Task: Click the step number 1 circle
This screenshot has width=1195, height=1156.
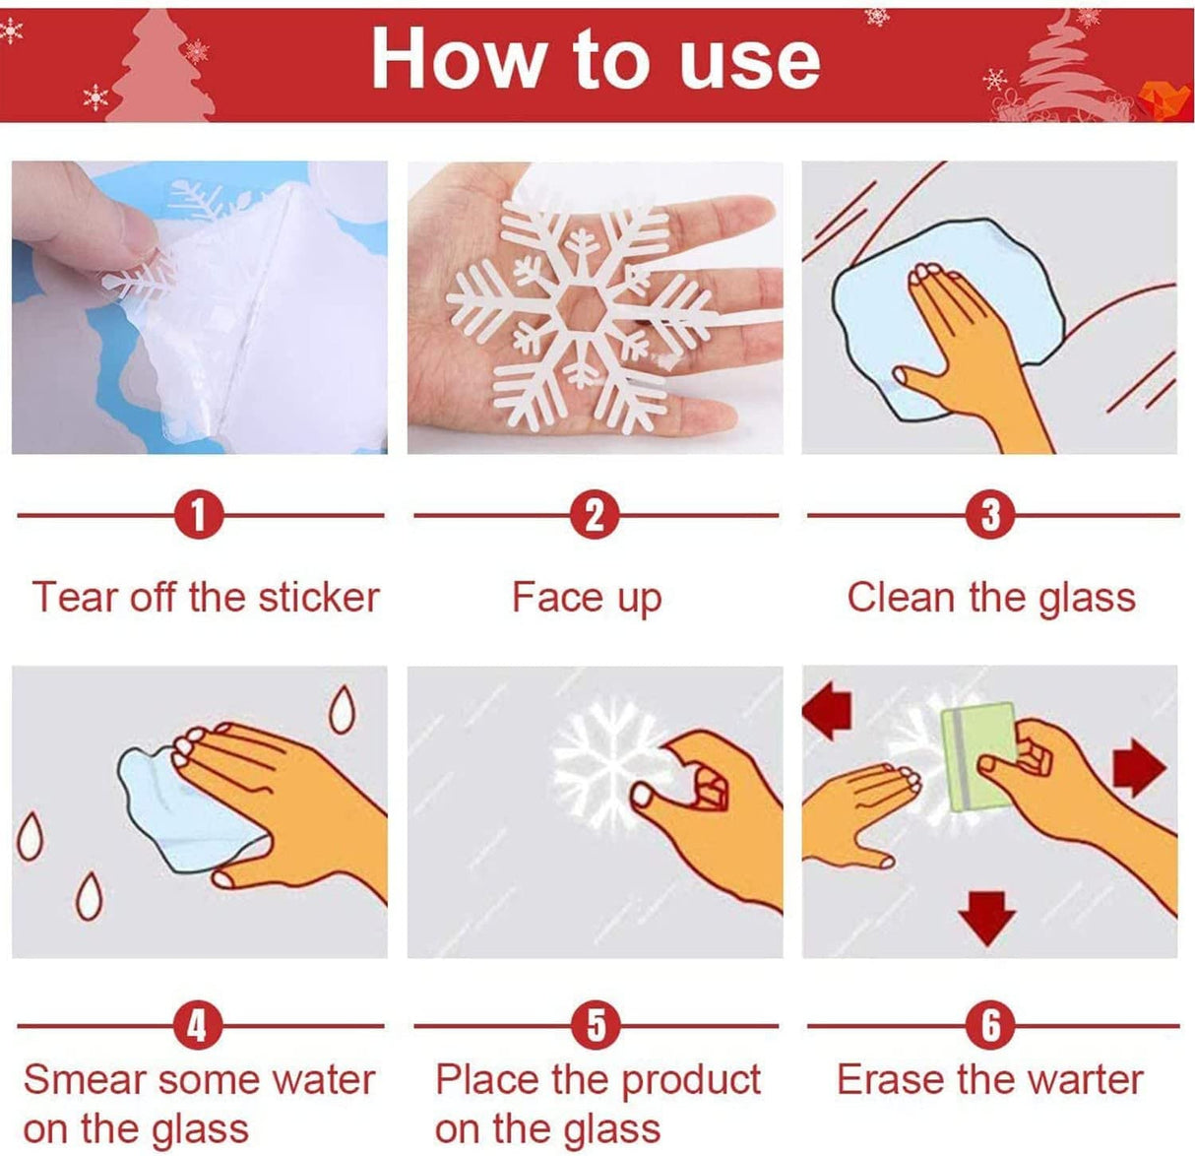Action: pos(199,515)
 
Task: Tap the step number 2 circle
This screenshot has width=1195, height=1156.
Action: pos(595,515)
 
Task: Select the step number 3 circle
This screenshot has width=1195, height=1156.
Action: pos(990,515)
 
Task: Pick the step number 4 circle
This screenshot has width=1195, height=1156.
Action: pos(199,1026)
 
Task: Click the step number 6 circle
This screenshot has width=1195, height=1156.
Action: pos(991,1026)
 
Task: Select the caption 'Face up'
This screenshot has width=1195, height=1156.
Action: pos(587,598)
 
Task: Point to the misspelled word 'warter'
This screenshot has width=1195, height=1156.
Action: pos(1081,1080)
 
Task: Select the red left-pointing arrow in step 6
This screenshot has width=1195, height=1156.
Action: pos(827,712)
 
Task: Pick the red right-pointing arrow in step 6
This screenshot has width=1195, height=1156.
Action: pos(1139,767)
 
